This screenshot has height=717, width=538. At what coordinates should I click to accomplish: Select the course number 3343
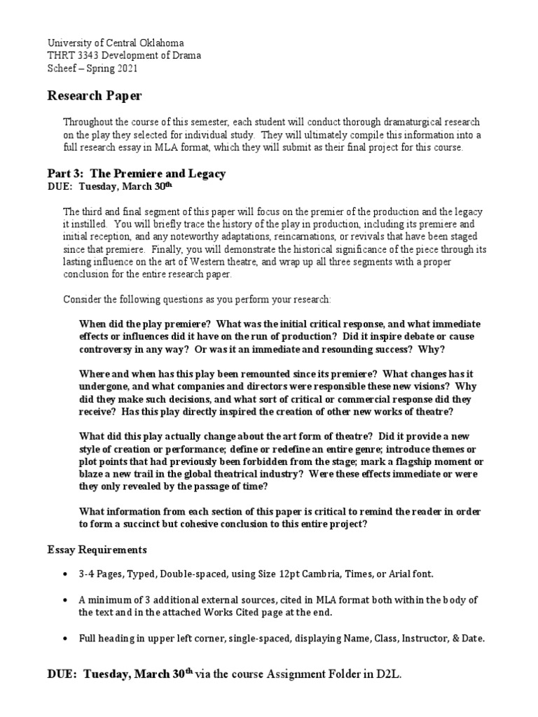[89, 55]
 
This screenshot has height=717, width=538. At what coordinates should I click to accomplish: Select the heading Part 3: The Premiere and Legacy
[136, 174]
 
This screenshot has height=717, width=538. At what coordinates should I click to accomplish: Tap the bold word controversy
[106, 349]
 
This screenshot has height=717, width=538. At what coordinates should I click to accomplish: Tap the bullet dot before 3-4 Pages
[65, 574]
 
